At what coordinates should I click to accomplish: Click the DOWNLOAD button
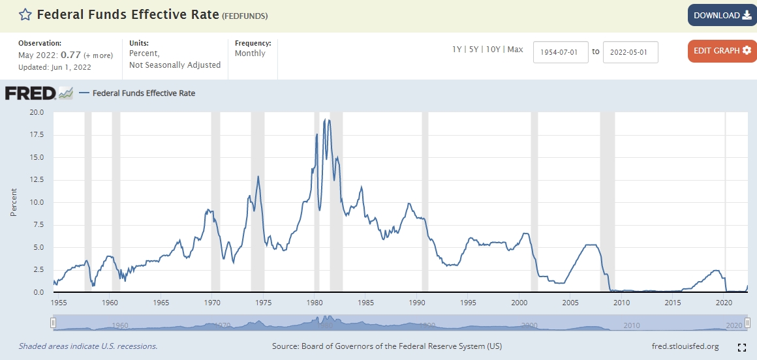[722, 15]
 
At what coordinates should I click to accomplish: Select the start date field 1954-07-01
[561, 52]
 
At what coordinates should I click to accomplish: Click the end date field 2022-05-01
[630, 52]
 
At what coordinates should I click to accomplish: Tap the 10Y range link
[494, 50]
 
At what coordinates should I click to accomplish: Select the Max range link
[515, 50]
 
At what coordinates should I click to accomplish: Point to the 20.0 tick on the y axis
[37, 112]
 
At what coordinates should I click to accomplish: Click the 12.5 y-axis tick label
[37, 180]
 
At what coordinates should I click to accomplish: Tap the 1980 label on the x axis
[315, 303]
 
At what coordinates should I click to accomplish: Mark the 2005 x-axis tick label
[570, 303]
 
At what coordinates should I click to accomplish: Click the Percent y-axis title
[14, 202]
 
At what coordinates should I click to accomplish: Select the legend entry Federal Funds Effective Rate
[144, 93]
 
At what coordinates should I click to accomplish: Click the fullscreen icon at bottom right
[741, 347]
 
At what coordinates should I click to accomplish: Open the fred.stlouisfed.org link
[685, 346]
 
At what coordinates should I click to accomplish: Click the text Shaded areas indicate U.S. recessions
[87, 346]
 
